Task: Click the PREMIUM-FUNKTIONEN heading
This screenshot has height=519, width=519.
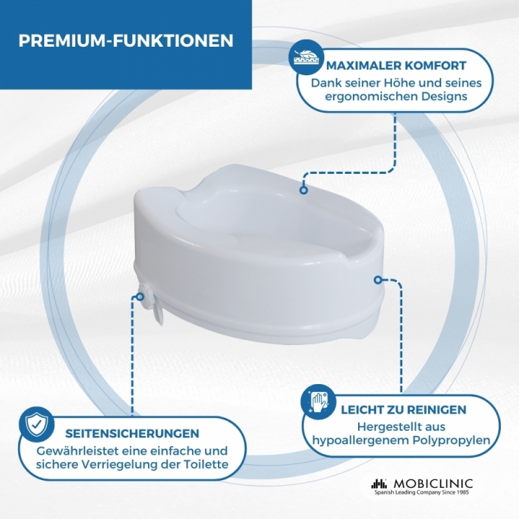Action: (126, 41)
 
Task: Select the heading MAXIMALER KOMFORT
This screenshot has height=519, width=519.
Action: (396, 66)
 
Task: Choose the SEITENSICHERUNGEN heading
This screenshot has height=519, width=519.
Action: (132, 433)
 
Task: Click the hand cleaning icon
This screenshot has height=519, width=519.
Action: (317, 401)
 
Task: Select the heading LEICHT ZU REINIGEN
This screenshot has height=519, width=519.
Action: (404, 410)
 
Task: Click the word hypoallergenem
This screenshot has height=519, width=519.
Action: (361, 441)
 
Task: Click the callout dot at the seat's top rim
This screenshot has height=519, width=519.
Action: (304, 190)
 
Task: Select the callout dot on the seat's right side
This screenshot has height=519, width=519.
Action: (378, 280)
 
